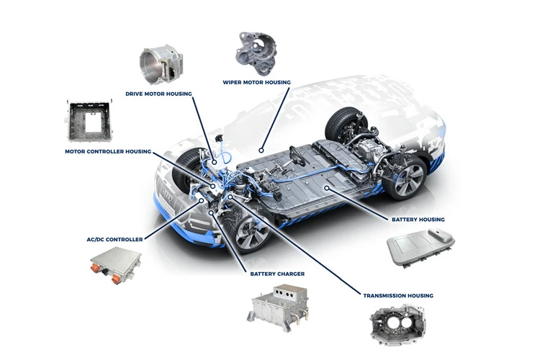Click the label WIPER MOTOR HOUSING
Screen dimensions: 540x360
tap(256, 82)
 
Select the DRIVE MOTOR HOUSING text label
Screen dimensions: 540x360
tap(159, 94)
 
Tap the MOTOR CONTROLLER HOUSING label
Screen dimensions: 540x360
tap(108, 152)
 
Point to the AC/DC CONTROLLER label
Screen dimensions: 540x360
tap(114, 240)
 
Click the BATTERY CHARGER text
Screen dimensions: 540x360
tap(277, 274)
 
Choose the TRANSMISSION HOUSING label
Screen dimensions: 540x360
tap(398, 296)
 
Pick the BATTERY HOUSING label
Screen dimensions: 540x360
tap(418, 220)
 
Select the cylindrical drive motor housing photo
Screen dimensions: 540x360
tap(161, 66)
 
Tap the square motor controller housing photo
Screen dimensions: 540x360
tap(89, 121)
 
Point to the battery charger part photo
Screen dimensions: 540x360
tap(278, 307)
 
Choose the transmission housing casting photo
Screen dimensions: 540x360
tap(398, 324)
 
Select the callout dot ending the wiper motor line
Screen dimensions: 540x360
tap(261, 150)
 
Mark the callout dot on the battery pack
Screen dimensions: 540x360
tap(326, 188)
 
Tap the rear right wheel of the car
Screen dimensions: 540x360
tap(406, 179)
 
